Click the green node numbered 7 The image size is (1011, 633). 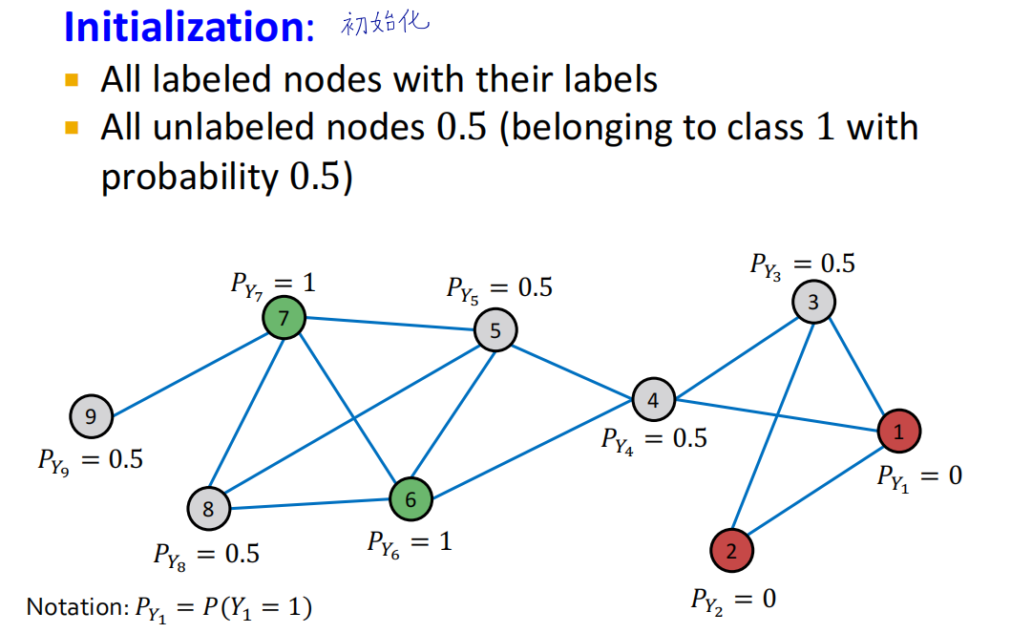tap(284, 318)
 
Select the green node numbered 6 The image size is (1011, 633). tap(411, 498)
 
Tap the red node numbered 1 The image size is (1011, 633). tap(899, 432)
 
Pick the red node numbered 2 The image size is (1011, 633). tap(731, 550)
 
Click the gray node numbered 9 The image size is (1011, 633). tap(91, 416)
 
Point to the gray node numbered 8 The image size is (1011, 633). tap(209, 508)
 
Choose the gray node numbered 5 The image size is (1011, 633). tap(495, 330)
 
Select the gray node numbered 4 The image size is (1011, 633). tap(653, 400)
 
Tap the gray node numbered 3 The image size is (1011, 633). tap(813, 303)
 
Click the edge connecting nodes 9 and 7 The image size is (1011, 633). tap(188, 368)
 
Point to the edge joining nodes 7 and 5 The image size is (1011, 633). tap(390, 325)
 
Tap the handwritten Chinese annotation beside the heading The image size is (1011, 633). tap(385, 23)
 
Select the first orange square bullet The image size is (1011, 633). tap(72, 78)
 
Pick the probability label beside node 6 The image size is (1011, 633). tap(410, 541)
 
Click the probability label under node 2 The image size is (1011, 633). tap(733, 600)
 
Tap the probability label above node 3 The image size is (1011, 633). tap(802, 264)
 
